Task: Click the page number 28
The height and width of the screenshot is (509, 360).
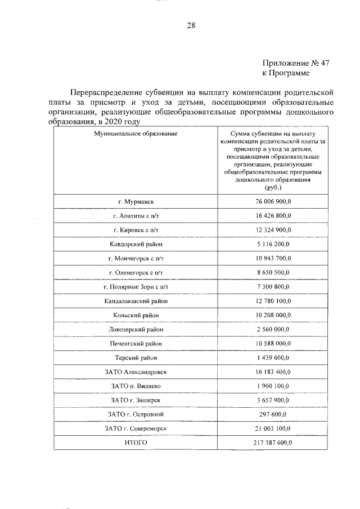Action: (191, 25)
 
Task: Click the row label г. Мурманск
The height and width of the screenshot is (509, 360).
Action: (136, 201)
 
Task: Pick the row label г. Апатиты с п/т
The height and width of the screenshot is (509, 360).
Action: (136, 215)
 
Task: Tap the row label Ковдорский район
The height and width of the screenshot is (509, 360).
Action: (136, 244)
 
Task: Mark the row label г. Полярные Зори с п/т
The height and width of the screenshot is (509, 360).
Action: (136, 287)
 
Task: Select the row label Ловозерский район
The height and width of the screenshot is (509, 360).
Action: (136, 329)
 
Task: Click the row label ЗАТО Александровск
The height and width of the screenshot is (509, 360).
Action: (136, 372)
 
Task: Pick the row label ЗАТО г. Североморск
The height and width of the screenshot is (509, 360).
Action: (136, 429)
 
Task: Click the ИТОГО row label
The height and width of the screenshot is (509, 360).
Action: (136, 443)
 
